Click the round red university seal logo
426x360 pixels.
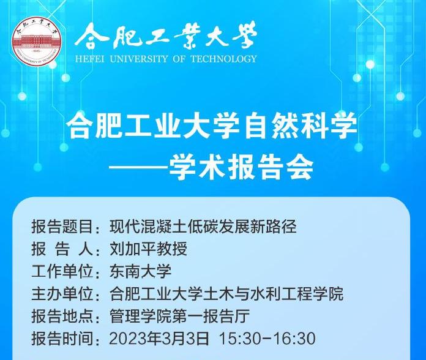pos(36,41)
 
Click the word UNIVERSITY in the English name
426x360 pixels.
pos(138,59)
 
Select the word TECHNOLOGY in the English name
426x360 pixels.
pos(223,59)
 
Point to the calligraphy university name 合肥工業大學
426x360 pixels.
pos(166,36)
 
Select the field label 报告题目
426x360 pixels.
pos(62,227)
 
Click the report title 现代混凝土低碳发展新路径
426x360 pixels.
pos(203,227)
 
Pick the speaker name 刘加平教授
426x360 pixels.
pos(148,249)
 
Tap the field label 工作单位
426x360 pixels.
pos(62,271)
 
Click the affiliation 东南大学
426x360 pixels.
pos(140,271)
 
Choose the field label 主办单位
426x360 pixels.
pos(62,294)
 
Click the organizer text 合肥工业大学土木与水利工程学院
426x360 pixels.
pos(226,294)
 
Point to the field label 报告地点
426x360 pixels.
pos(62,317)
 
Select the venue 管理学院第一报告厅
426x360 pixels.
pos(179,317)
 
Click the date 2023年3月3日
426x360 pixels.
pos(159,339)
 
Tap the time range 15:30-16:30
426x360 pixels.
pos(267,339)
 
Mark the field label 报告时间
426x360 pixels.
pos(62,339)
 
